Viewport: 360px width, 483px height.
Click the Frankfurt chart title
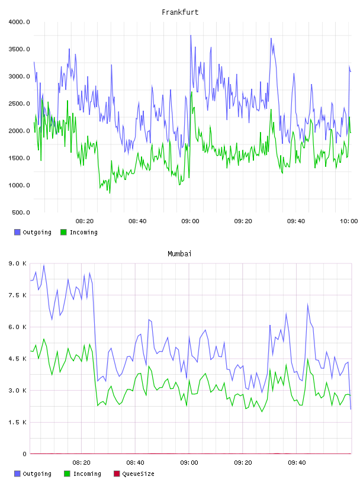pos(180,12)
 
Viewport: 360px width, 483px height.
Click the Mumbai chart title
pos(179,254)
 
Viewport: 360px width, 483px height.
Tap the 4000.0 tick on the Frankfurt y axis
pos(19,22)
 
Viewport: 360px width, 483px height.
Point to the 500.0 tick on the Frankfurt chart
pos(21,212)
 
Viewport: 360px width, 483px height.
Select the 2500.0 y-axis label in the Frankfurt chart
pos(19,104)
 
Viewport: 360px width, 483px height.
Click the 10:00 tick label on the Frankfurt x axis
pos(349,221)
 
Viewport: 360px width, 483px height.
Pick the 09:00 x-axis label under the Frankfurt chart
pos(190,221)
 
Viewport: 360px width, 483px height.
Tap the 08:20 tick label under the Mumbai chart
pos(81,463)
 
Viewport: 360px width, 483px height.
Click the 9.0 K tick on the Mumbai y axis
pos(17,263)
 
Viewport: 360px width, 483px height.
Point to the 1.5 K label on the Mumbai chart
pos(17,422)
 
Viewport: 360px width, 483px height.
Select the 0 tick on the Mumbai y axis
pos(24,454)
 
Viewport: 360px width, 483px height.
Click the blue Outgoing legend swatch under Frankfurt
pos(17,232)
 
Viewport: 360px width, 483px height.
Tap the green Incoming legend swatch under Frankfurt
pos(63,232)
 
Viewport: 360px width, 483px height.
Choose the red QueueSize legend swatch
pos(117,474)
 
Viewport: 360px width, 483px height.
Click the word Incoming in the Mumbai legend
pos(87,474)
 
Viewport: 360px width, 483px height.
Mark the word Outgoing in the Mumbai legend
pos(37,474)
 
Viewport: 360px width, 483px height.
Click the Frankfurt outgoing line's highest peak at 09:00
pos(191,35)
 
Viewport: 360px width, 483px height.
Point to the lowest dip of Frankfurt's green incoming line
pos(110,193)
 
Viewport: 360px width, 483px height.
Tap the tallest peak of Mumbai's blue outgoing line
pos(44,265)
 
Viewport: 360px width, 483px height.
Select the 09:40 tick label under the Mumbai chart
pos(297,463)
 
